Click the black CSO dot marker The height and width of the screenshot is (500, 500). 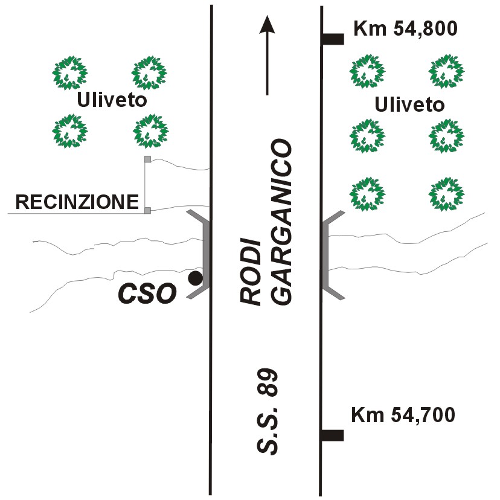coord(195,278)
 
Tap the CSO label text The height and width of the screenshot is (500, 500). coord(147,293)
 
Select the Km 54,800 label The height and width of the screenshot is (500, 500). coord(406,29)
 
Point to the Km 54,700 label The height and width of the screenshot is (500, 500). coord(403,415)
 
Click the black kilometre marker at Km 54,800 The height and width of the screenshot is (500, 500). coord(333,39)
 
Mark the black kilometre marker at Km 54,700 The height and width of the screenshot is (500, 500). coord(332,435)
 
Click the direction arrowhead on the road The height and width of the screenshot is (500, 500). coord(267,25)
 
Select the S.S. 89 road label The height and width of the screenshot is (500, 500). coord(268,411)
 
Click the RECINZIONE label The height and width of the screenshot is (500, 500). coord(77,202)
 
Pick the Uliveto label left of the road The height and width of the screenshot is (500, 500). coord(112,100)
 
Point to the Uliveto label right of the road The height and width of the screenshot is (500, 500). coord(409,104)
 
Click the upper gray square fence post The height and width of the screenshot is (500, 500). coord(147,159)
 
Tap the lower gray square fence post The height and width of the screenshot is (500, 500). coord(147,210)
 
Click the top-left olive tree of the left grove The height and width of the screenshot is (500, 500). coord(70,73)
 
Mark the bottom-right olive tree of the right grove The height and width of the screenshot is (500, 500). coord(446,194)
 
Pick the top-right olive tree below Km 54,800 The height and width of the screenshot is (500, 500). coord(446,71)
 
